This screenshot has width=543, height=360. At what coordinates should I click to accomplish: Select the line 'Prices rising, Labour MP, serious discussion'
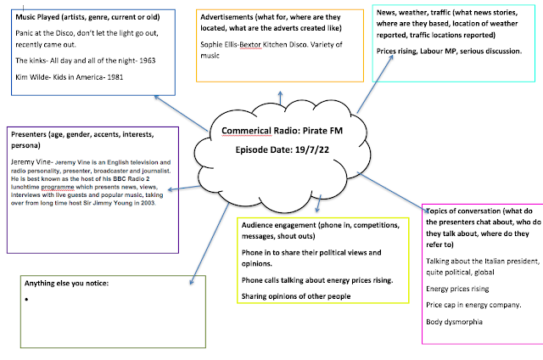(448, 52)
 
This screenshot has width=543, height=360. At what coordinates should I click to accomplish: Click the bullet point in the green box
(28, 300)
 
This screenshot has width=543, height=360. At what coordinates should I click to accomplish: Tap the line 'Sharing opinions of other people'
(294, 295)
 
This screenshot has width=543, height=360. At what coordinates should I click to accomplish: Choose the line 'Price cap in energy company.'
(473, 304)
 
